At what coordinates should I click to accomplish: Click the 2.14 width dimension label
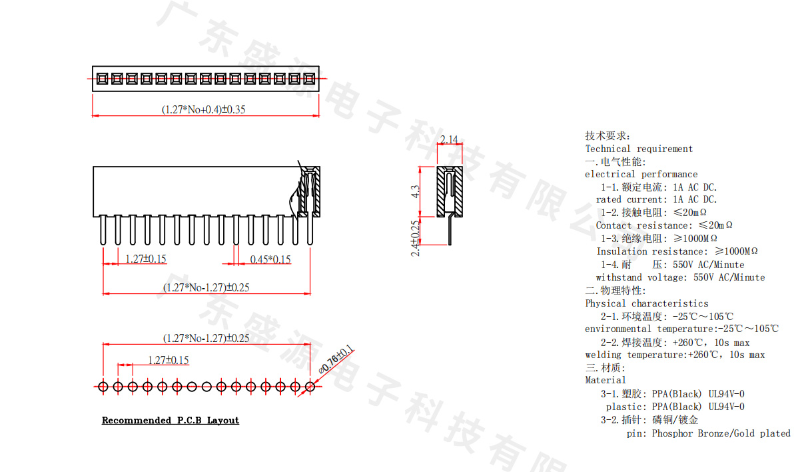tap(449, 139)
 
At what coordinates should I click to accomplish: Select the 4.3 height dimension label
tap(415, 191)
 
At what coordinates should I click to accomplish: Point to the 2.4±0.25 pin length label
tap(415, 238)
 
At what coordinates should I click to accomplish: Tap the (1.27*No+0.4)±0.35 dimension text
tap(204, 109)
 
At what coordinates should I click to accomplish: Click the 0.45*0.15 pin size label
tap(270, 259)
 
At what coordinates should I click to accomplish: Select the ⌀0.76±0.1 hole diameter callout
tap(336, 359)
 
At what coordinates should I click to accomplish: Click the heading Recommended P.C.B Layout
tap(171, 420)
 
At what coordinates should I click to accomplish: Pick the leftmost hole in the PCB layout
tap(103, 387)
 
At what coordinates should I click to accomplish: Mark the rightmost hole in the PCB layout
tap(310, 387)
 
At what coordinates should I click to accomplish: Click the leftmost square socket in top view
tap(102, 79)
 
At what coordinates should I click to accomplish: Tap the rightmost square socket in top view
tap(309, 79)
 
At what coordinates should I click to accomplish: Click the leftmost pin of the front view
tap(103, 231)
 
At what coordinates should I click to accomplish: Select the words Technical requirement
tap(639, 149)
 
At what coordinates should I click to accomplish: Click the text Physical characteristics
tap(647, 303)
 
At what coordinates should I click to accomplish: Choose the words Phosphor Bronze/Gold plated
tap(721, 433)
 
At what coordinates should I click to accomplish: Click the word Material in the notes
tap(605, 380)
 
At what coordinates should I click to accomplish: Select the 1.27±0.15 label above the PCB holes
tap(169, 360)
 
